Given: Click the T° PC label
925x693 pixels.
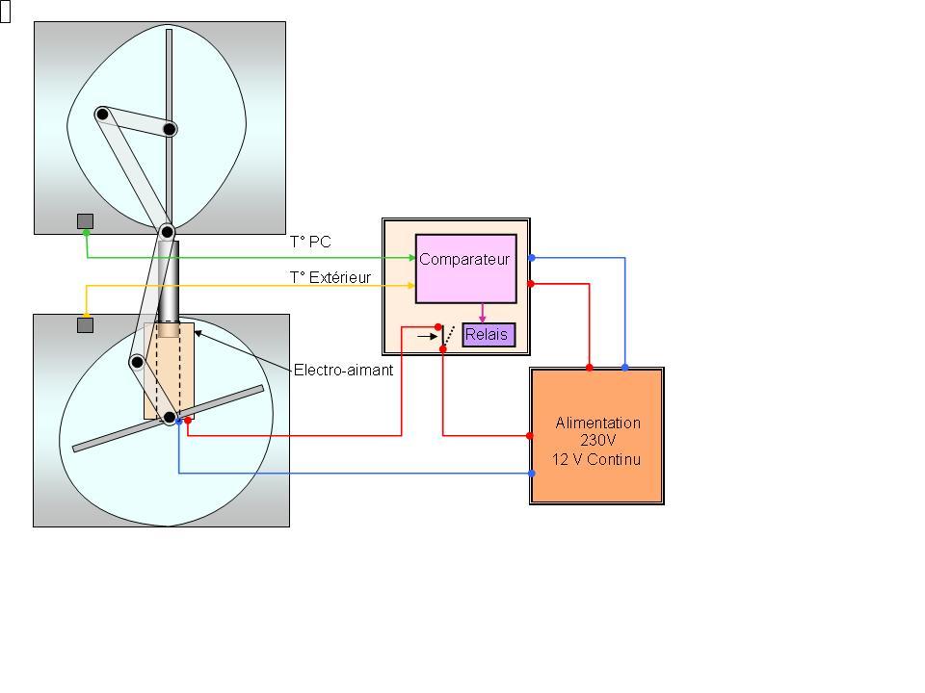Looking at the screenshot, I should [310, 243].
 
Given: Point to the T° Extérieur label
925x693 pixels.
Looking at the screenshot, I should [330, 277].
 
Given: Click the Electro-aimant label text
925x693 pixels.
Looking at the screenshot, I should [343, 370].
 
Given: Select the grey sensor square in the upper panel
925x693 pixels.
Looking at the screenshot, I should [85, 221].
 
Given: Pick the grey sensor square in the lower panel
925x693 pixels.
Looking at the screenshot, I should [85, 325].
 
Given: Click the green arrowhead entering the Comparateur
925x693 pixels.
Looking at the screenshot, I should [411, 258].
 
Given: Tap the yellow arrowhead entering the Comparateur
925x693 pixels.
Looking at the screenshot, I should [411, 285].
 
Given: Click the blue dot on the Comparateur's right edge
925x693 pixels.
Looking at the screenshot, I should [532, 258].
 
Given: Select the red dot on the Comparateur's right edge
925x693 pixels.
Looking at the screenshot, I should [532, 284].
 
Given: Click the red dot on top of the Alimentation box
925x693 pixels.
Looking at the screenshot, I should [590, 368].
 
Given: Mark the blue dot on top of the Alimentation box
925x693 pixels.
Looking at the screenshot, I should [624, 368].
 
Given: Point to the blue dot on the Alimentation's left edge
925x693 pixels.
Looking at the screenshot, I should [531, 473].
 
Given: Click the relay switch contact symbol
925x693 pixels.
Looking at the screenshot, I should [444, 337].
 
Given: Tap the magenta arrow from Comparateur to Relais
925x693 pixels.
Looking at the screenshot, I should [483, 313].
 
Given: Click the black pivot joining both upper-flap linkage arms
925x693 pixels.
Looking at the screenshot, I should [102, 115].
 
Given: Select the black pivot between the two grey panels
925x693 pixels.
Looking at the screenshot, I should [167, 232].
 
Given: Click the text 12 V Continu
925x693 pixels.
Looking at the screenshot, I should [596, 459].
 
